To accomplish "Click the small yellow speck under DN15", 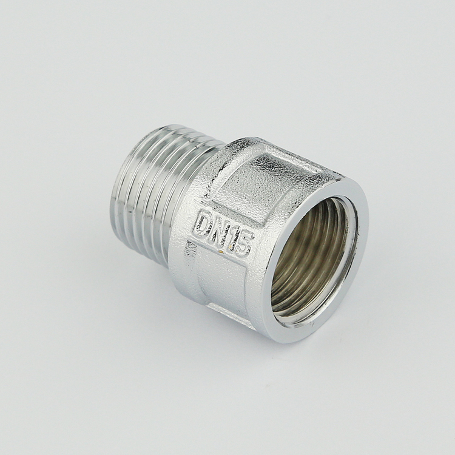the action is click(221, 252).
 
